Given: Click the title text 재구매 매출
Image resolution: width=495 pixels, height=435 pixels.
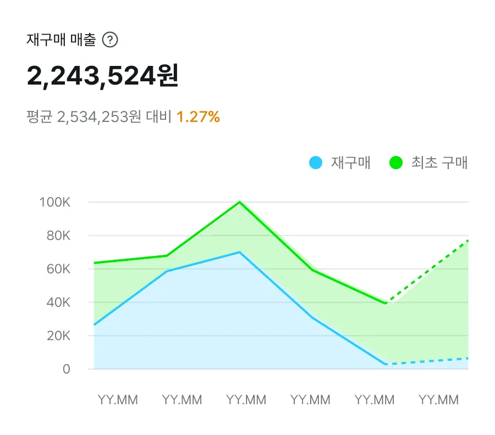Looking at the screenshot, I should coord(61,40).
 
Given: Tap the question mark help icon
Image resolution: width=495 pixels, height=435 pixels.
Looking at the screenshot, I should coord(111,40).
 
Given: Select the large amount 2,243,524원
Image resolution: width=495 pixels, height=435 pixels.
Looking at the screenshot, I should coord(103,76).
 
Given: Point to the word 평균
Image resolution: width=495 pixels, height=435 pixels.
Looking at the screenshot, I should coord(39,117).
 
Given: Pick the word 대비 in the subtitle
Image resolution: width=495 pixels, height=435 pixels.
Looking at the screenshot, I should coord(159,117).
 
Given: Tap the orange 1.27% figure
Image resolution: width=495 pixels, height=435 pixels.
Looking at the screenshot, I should coord(198,117).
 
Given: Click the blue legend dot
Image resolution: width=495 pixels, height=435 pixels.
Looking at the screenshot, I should coord(315,163).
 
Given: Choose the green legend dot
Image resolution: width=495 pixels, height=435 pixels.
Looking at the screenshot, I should coord(396,163).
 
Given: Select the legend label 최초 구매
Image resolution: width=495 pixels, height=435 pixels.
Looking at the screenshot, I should coord(439,163).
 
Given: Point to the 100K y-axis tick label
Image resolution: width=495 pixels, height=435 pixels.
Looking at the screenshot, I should coord(55,202).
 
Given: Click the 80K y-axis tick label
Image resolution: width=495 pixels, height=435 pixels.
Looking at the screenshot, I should coord(58,236).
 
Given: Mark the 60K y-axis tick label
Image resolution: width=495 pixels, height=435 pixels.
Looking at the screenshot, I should coord(58,269).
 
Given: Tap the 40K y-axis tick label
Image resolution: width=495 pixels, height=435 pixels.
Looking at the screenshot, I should coord(58,303).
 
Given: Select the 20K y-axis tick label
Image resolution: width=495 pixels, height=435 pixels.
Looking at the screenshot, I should coord(58,336).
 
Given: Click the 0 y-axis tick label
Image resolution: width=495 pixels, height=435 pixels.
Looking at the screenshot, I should coord(67,369).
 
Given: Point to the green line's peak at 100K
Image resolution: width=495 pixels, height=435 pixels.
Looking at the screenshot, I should coord(240,202).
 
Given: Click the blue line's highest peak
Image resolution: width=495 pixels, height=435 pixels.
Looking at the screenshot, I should coord(240,252).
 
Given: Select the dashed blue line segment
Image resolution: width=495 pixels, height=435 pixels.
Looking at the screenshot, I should coord(427,361).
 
